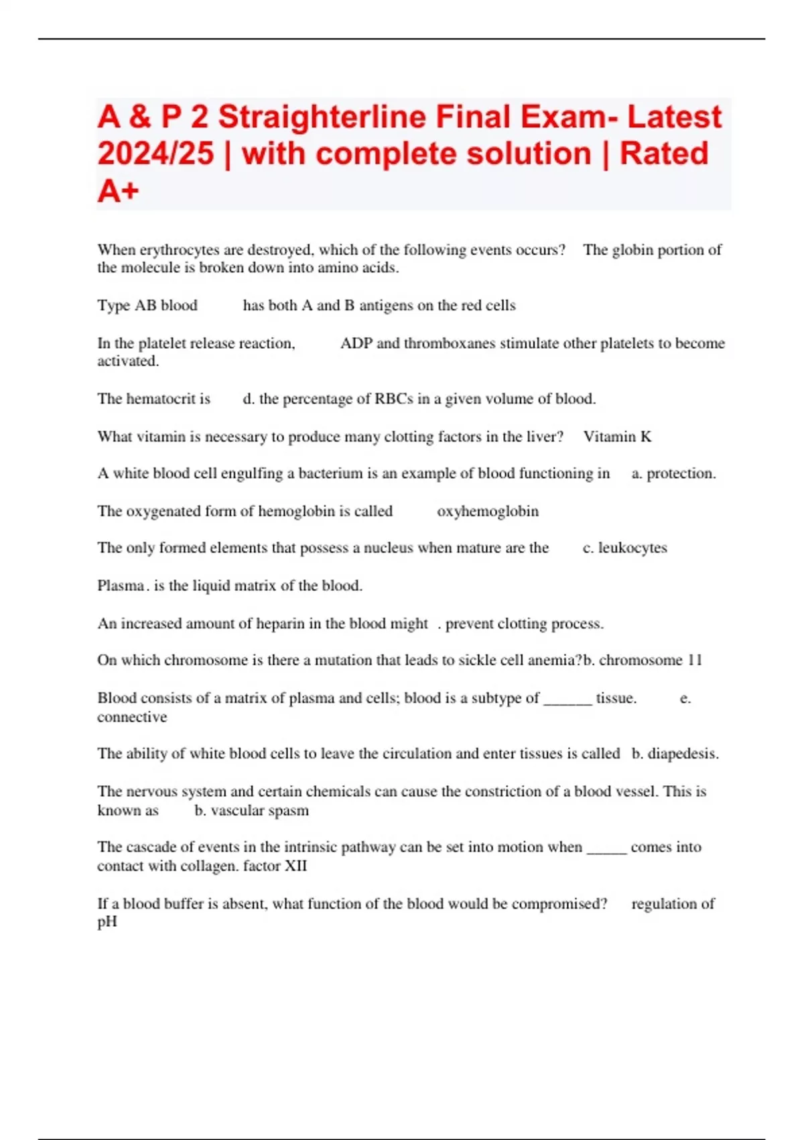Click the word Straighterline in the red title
pyautogui.click(x=322, y=117)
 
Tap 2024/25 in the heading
pyautogui.click(x=155, y=154)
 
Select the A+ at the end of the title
pyautogui.click(x=118, y=191)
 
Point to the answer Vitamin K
pyautogui.click(x=617, y=437)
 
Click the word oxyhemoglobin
pyautogui.click(x=488, y=511)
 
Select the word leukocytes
pyautogui.click(x=632, y=548)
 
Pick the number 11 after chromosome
pyautogui.click(x=695, y=661)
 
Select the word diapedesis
pyautogui.click(x=682, y=754)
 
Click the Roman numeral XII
pyautogui.click(x=295, y=866)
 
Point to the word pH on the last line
pyautogui.click(x=107, y=923)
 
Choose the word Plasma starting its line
pyautogui.click(x=121, y=586)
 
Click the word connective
pyautogui.click(x=132, y=717)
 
